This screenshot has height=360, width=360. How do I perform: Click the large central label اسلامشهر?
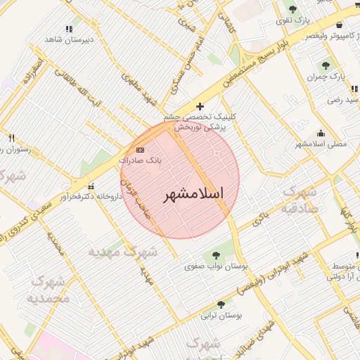click(x=193, y=194)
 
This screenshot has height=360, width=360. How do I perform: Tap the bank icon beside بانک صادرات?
click(x=140, y=150)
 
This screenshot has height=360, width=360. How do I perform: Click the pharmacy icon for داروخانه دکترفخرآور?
click(x=91, y=185)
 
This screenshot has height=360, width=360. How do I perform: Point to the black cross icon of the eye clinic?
click(x=200, y=106)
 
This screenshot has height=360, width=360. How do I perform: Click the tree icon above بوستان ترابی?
click(x=222, y=304)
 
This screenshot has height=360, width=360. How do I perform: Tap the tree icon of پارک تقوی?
click(x=292, y=9)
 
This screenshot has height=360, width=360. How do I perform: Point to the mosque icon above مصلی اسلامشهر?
click(x=321, y=133)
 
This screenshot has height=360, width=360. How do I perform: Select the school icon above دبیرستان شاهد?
click(x=69, y=29)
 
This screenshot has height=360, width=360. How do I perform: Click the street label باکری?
click(x=261, y=217)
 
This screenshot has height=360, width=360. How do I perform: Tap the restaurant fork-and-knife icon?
click(x=11, y=138)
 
